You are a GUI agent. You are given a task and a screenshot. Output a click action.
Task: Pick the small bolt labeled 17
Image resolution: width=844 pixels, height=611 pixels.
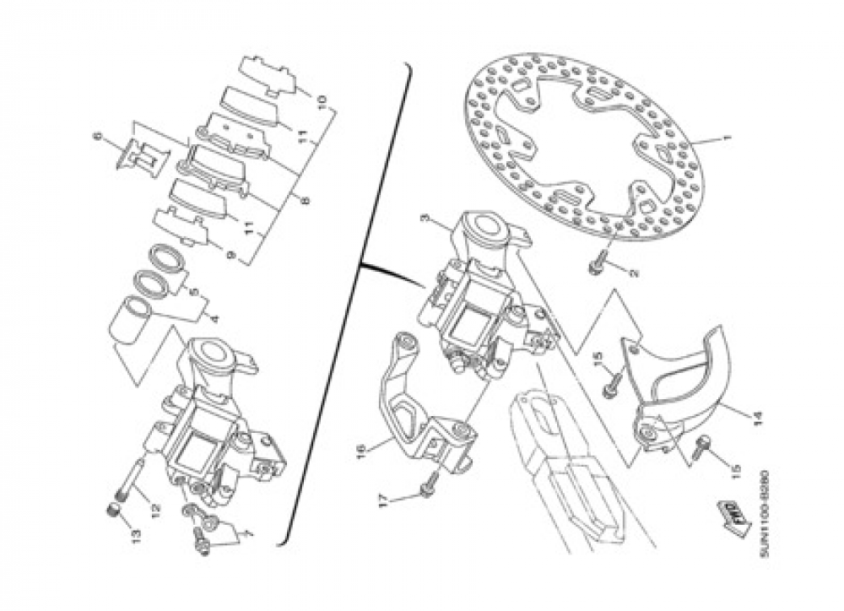[x=429, y=484]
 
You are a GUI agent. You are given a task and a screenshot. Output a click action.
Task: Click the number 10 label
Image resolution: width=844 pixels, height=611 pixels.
[x=321, y=104]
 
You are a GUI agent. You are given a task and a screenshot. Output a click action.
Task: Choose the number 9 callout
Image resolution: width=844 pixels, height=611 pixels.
[x=230, y=255]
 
